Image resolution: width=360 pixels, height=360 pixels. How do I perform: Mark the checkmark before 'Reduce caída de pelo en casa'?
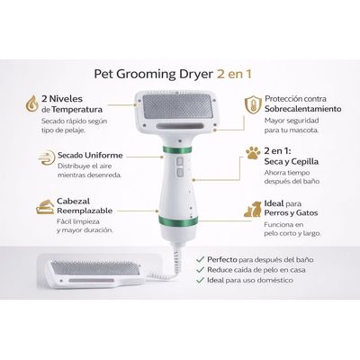(199, 270)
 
